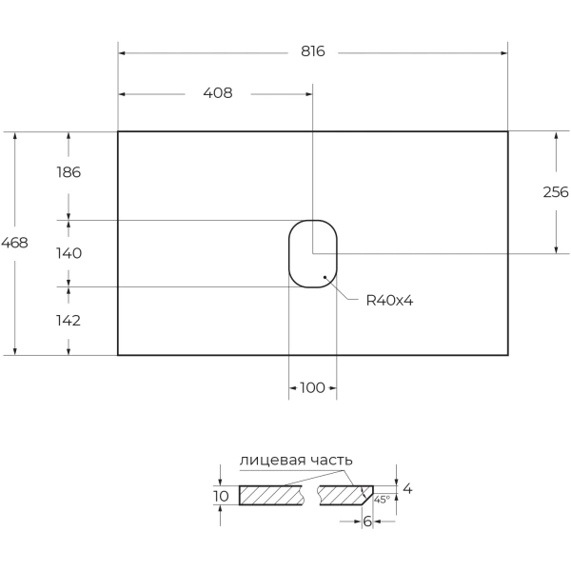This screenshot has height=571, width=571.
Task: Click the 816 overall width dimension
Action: tap(313, 51)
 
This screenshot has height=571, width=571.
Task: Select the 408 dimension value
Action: tap(218, 93)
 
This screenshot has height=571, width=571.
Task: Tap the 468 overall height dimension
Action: tap(14, 243)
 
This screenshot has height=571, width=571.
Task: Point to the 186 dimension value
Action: tap(68, 172)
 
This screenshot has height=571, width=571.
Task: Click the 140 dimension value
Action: tap(68, 253)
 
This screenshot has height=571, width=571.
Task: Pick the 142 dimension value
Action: tap(68, 321)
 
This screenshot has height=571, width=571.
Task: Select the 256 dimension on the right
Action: tap(555, 192)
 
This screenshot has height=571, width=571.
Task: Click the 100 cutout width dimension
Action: tap(312, 387)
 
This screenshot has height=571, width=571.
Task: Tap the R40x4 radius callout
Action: tap(389, 301)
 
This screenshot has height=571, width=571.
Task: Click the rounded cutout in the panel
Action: tap(312, 253)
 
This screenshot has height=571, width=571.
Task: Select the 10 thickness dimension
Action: tap(221, 496)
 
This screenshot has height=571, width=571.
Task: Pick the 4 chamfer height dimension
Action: tap(407, 489)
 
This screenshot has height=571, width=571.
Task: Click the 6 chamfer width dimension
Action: tap(366, 522)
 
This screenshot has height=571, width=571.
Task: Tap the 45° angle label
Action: tap(382, 499)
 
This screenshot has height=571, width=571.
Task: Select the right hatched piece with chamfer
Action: tap(345, 496)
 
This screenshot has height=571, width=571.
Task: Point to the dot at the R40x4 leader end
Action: tap(325, 278)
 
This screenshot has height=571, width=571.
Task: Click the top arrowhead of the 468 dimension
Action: tap(14, 136)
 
